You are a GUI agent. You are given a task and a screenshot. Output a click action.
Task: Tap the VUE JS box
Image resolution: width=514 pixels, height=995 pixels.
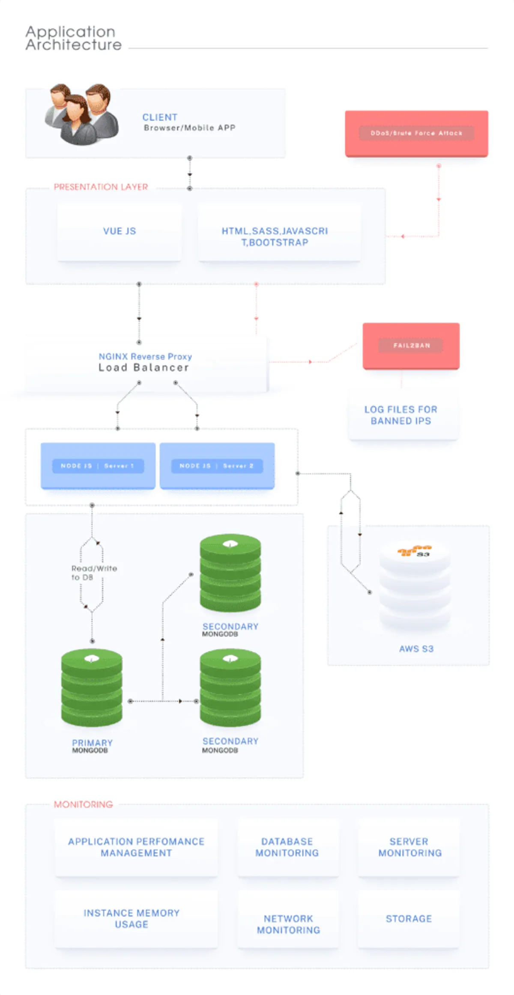point(119,232)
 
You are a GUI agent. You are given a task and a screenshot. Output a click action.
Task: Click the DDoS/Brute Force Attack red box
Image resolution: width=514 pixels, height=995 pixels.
point(416,133)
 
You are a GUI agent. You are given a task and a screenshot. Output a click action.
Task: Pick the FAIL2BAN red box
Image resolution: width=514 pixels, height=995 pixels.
point(411,346)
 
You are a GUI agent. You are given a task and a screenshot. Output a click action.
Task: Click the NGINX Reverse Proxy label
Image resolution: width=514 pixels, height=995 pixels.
point(145,356)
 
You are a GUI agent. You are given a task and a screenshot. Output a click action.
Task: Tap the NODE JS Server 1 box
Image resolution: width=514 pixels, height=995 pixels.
point(98,466)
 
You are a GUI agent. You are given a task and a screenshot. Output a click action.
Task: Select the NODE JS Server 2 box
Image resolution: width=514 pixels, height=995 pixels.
point(217,466)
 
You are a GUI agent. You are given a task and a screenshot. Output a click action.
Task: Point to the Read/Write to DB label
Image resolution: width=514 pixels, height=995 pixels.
point(94,573)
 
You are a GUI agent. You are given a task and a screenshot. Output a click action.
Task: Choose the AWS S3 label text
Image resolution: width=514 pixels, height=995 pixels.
point(416,649)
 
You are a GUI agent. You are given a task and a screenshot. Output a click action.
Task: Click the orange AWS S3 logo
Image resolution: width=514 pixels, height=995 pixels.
point(415,551)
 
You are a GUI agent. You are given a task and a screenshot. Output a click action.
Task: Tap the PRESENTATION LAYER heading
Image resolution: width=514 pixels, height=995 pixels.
point(101,187)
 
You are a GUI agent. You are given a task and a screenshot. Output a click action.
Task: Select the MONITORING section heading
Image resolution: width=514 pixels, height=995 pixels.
point(84,805)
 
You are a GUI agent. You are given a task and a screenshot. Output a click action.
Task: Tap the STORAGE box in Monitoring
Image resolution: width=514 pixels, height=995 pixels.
point(409,919)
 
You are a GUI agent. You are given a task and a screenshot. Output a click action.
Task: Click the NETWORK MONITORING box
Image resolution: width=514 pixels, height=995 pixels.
point(288,924)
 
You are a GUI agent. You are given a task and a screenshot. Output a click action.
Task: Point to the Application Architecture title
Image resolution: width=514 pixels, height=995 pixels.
point(73,38)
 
